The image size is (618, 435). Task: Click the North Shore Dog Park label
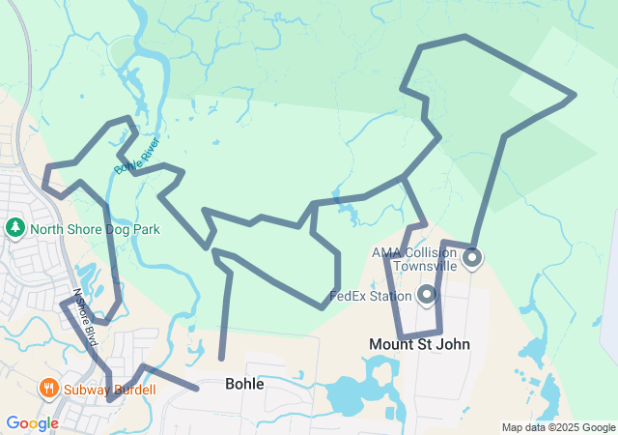(x=95, y=229)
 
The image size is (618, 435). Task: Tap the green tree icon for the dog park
(x=15, y=228)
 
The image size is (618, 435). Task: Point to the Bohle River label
(x=136, y=155)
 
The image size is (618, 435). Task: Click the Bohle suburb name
(x=243, y=384)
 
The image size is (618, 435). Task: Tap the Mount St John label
(x=419, y=344)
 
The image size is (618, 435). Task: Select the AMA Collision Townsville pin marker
(x=472, y=258)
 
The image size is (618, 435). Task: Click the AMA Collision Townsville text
(x=414, y=259)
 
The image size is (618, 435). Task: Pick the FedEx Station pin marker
(x=426, y=294)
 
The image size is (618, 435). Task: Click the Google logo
(x=32, y=423)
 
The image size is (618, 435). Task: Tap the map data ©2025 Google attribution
(x=558, y=427)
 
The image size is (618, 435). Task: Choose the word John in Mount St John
(x=452, y=344)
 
